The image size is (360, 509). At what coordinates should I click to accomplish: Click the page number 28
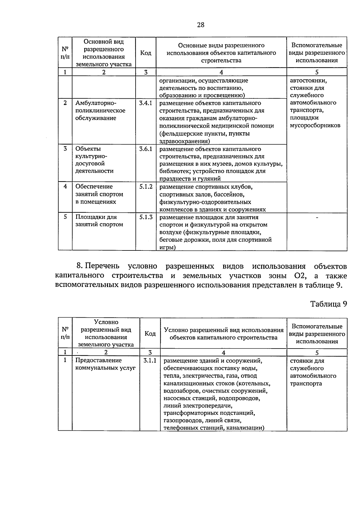coord(201,25)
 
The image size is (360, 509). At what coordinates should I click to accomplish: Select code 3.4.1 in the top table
coord(145,103)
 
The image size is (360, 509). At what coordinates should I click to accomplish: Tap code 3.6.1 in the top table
coord(145,149)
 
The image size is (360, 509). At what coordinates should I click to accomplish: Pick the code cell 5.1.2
coord(145,187)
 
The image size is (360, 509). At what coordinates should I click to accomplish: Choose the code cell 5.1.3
coord(145,217)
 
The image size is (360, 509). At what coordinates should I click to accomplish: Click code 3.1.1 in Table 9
coord(150,361)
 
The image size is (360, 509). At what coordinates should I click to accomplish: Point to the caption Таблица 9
coord(328,304)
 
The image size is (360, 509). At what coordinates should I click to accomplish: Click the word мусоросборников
coord(315,125)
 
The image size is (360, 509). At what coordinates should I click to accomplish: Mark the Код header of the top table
coord(145,53)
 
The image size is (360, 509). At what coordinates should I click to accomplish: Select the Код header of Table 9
coord(150,334)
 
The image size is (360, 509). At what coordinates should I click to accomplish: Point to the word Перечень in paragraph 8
coord(102,266)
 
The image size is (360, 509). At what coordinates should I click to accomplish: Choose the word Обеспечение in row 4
coord(94,187)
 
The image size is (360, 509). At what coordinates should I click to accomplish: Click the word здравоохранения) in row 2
coord(184,141)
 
